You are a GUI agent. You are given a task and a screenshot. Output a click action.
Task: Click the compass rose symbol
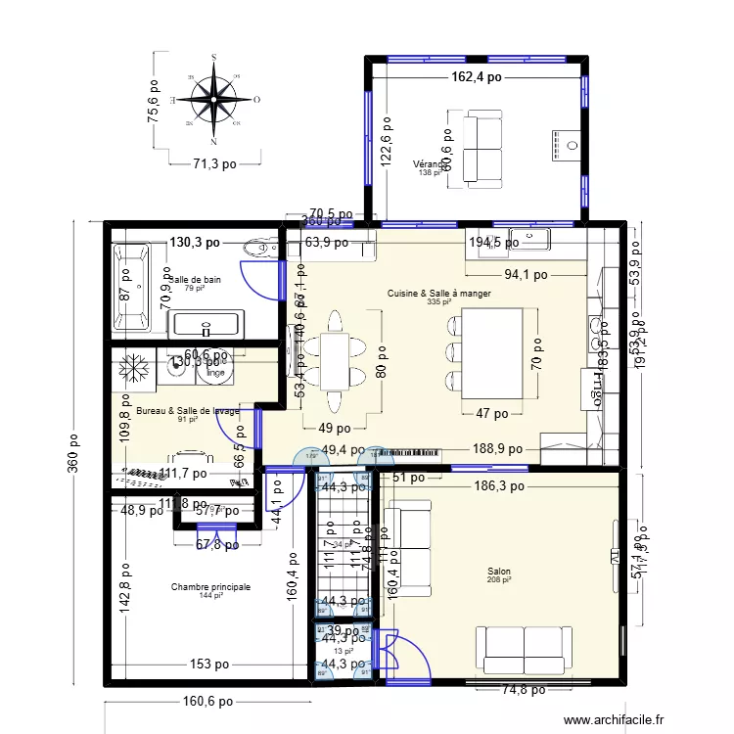click(x=212, y=100)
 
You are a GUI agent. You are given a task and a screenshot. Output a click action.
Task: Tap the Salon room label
click(x=498, y=573)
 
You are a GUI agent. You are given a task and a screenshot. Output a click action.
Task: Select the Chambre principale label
click(x=210, y=587)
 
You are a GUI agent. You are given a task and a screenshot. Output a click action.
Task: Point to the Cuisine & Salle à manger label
click(x=438, y=294)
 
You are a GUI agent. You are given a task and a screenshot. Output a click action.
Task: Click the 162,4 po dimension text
click(x=477, y=76)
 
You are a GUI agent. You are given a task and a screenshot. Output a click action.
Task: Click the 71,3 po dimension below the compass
click(x=213, y=164)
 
